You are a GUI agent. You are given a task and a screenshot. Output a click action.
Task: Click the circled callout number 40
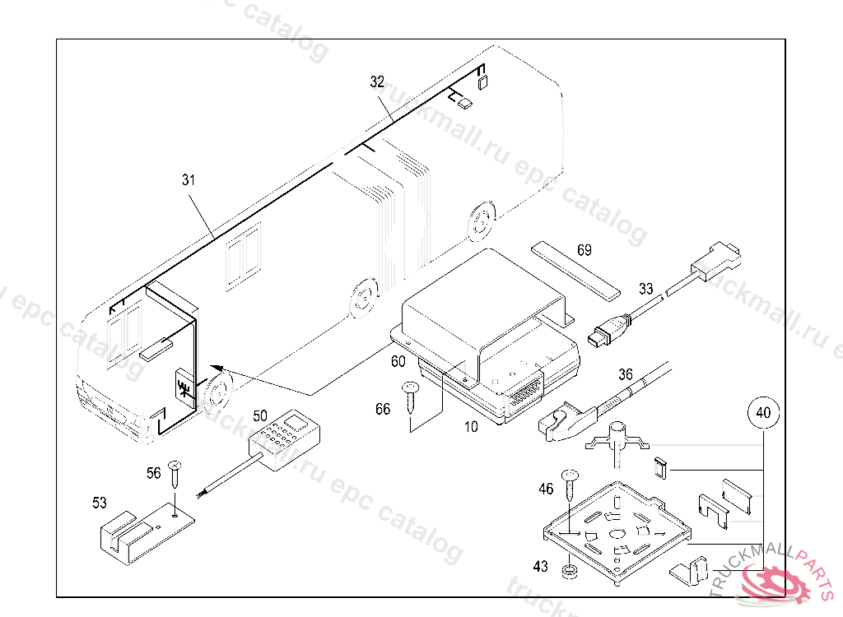763,414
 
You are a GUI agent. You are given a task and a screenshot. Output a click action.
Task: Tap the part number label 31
189,179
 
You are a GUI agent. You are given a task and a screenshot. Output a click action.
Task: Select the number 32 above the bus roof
377,81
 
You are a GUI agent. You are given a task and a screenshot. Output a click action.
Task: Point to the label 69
584,250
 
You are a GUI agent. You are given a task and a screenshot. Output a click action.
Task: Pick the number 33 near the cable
646,289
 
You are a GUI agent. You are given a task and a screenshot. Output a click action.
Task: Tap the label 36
626,374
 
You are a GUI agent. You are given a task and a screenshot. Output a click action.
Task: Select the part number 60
398,361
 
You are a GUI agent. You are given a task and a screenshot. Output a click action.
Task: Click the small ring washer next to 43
567,570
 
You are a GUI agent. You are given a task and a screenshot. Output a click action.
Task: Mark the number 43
540,566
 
